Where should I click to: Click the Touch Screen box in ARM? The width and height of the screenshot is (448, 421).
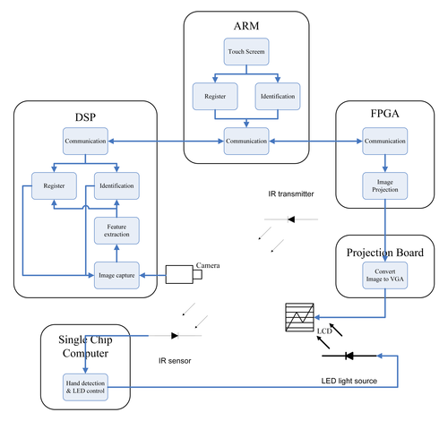pyautogui.click(x=246, y=51)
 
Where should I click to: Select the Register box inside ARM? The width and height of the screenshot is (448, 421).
pyautogui.click(x=215, y=96)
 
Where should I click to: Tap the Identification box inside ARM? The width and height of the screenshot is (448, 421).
pyautogui.click(x=278, y=96)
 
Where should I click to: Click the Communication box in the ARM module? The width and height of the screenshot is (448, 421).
pyautogui.click(x=246, y=141)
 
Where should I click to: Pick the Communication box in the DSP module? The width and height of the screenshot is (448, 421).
pyautogui.click(x=85, y=141)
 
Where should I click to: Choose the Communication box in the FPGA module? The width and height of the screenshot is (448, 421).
pyautogui.click(x=385, y=141)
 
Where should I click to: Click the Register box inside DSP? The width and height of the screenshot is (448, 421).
pyautogui.click(x=54, y=185)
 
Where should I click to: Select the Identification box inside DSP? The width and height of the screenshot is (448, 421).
pyautogui.click(x=116, y=185)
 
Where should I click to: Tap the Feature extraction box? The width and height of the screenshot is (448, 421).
pyautogui.click(x=116, y=230)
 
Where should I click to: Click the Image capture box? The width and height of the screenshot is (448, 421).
pyautogui.click(x=116, y=275)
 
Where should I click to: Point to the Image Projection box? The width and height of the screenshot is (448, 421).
pyautogui.click(x=385, y=185)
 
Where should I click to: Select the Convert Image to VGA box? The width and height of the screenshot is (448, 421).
pyautogui.click(x=385, y=275)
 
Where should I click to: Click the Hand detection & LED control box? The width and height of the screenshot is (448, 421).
pyautogui.click(x=85, y=387)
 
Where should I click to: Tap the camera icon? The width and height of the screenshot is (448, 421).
pyautogui.click(x=184, y=274)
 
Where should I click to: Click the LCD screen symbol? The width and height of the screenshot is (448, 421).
pyautogui.click(x=299, y=317)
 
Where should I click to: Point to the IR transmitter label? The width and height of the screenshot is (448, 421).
pyautogui.click(x=291, y=194)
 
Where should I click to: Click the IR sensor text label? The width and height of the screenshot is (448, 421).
pyautogui.click(x=175, y=361)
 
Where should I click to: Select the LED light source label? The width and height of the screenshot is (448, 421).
pyautogui.click(x=349, y=381)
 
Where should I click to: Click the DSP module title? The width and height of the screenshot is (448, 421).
pyautogui.click(x=85, y=117)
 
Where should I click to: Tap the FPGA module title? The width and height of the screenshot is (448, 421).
pyautogui.click(x=385, y=114)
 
